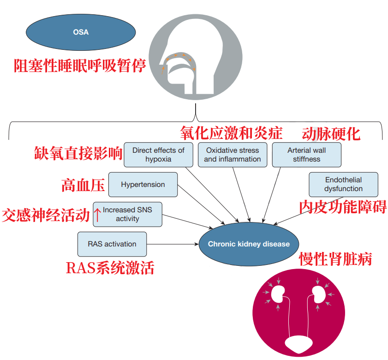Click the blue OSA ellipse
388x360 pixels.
[81, 32]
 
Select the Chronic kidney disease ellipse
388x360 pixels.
[249, 244]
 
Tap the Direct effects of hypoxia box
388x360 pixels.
[158, 155]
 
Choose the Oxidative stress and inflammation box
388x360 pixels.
[233, 155]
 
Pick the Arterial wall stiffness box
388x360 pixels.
[306, 155]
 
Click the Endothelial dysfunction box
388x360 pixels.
[343, 184]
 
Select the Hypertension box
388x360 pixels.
[143, 185]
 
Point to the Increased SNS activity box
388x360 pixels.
[127, 214]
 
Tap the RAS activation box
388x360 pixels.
[112, 244]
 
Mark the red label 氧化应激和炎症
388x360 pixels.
[231, 133]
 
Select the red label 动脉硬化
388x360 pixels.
[331, 134]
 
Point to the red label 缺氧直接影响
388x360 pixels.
[78, 153]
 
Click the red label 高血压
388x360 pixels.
[83, 185]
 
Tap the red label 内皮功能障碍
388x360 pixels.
[342, 206]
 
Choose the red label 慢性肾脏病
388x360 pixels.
[335, 259]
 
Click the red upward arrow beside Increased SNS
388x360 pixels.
[97, 214]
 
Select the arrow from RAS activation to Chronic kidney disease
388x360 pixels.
[173, 244]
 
